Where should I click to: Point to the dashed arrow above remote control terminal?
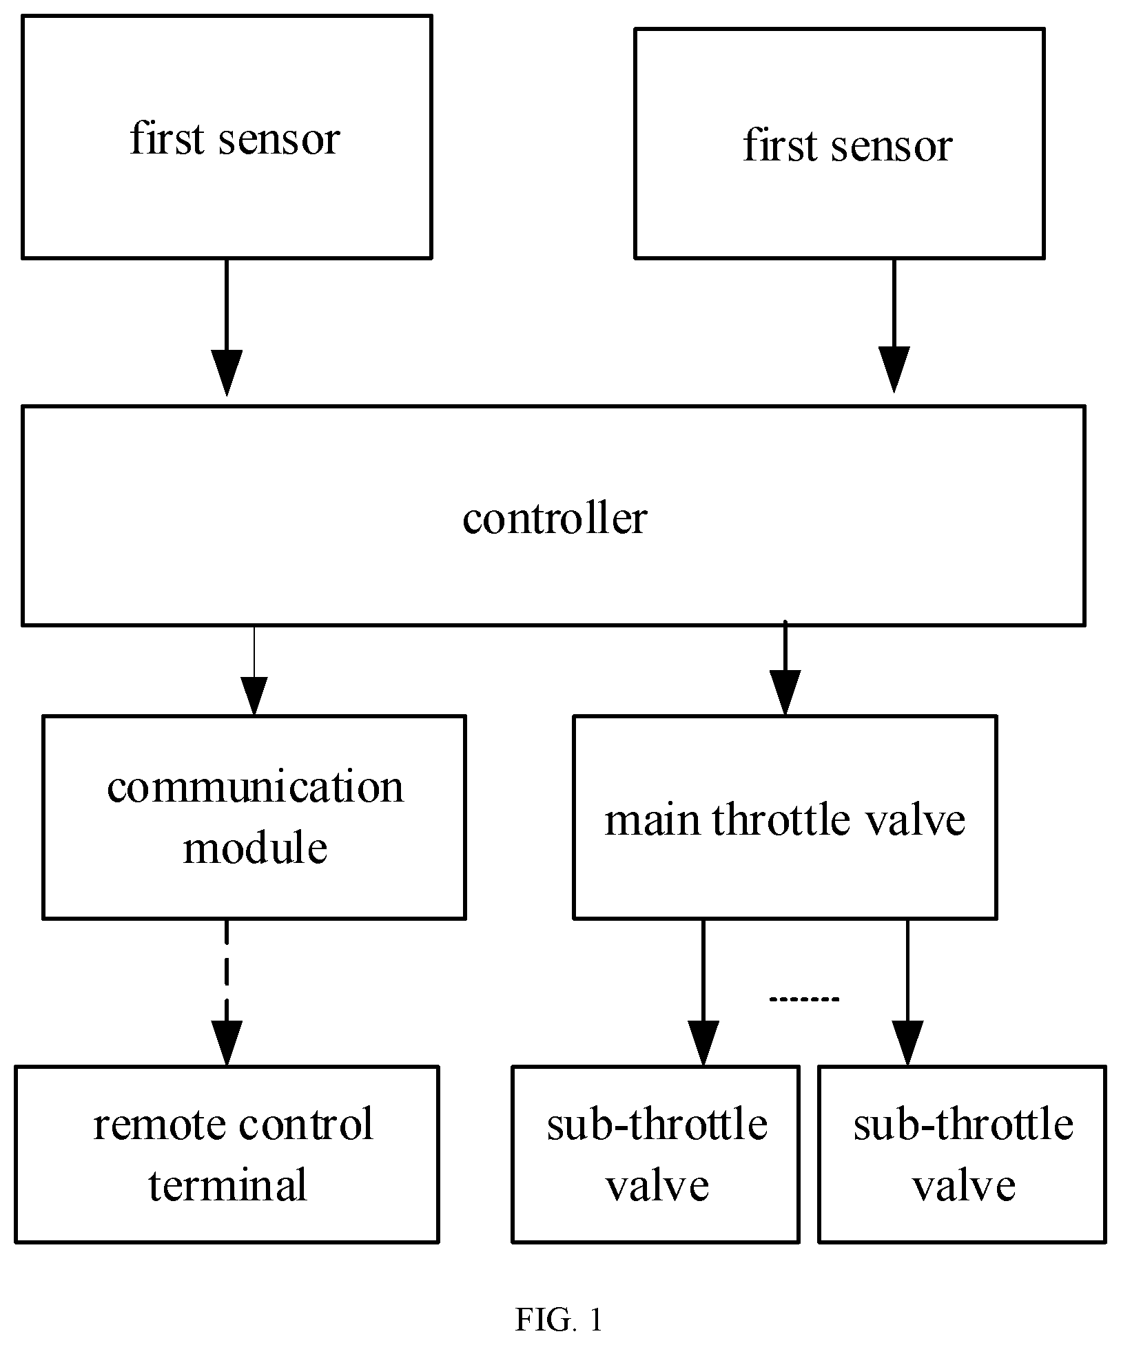click(x=227, y=993)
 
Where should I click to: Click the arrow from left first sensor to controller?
click(x=227, y=328)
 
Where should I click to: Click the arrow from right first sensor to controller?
click(x=894, y=326)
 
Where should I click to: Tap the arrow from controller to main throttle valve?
click(x=785, y=668)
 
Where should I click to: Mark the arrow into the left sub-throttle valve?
click(x=703, y=993)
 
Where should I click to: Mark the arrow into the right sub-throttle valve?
click(x=907, y=993)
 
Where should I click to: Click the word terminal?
click(x=227, y=1185)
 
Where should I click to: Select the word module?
click(x=255, y=847)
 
